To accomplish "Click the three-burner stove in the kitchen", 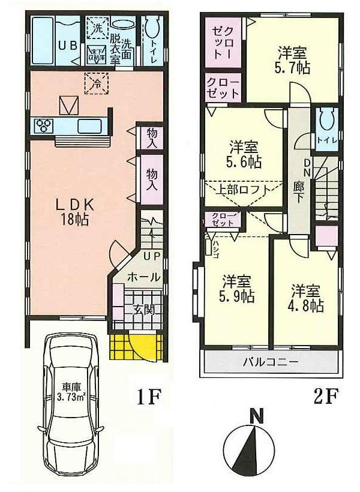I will click(x=44, y=126).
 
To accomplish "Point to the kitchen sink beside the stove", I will click(x=91, y=126).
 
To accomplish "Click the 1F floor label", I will click(x=146, y=397).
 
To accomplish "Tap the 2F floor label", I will click(x=325, y=397).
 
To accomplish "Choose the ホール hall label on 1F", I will click(x=144, y=278).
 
